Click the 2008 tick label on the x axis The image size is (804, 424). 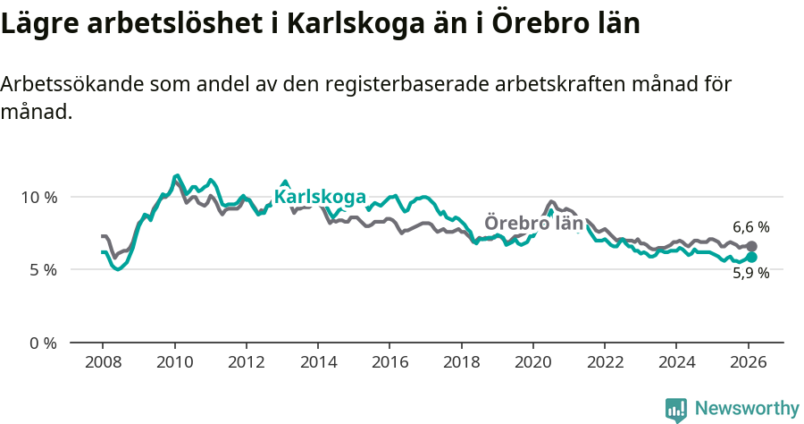point(102,364)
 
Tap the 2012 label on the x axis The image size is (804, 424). point(246,364)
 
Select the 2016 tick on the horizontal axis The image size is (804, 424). point(389,364)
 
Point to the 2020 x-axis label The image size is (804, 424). point(532,364)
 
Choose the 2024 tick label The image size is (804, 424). point(676,364)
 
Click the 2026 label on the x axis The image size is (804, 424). point(748,364)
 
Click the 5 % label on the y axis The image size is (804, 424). point(43,269)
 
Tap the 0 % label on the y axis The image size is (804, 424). point(43,343)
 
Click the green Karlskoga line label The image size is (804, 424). point(320,197)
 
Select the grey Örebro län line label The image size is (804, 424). point(533,224)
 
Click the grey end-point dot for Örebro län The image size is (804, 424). point(751,246)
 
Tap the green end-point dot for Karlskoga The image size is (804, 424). point(751,257)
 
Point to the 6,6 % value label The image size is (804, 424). point(750,227)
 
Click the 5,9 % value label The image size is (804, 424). point(750,275)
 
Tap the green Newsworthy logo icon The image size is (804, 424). point(676,410)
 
